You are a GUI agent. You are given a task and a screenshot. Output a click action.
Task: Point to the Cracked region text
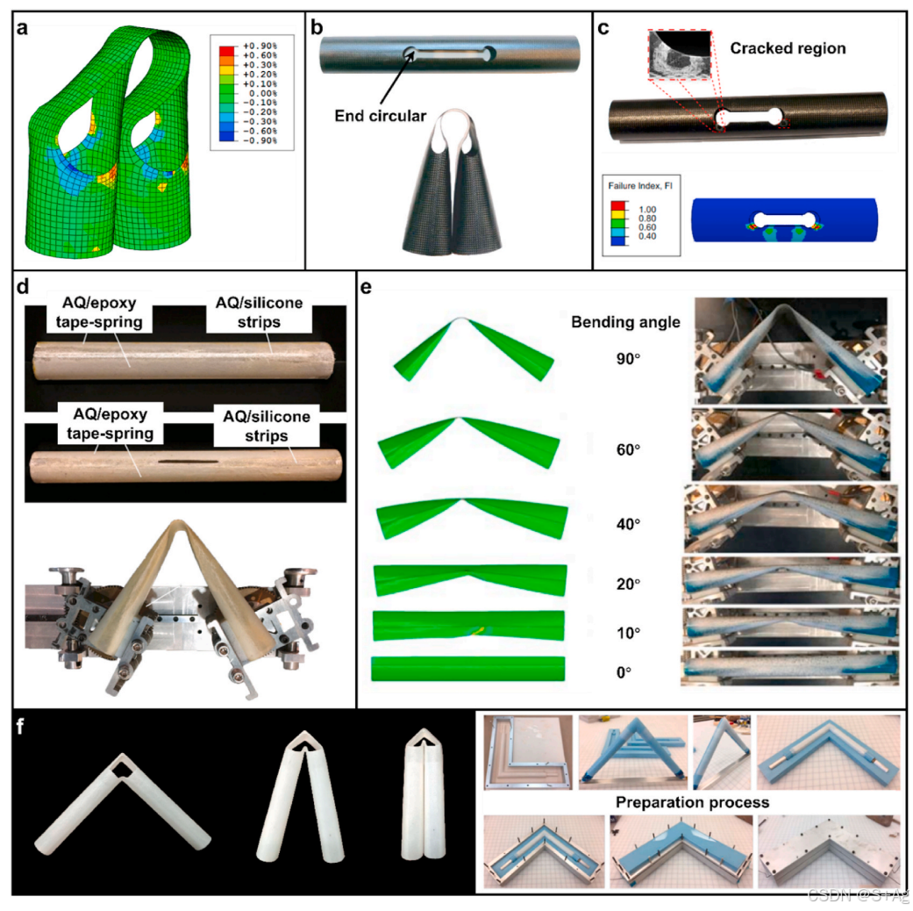(x=788, y=49)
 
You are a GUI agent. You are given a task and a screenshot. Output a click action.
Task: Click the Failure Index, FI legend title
(x=639, y=185)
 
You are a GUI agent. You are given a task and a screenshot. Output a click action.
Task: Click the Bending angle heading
(x=626, y=322)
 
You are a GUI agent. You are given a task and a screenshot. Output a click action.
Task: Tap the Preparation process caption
(x=692, y=802)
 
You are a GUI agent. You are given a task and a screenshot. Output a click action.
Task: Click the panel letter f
(x=19, y=727)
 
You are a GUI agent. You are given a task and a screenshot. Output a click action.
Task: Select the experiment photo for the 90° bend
(x=790, y=349)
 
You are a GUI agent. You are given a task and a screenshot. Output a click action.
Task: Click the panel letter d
(x=19, y=288)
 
